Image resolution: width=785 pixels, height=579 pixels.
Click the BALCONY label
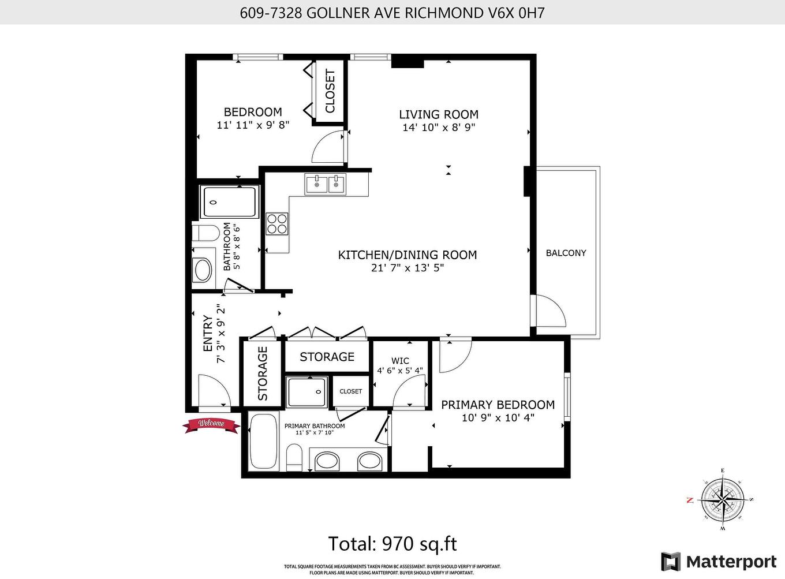[566, 253]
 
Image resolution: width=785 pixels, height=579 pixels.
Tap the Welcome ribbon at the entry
[211, 424]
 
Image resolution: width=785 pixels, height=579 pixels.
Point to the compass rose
[722, 499]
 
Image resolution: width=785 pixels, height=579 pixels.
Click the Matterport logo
[719, 561]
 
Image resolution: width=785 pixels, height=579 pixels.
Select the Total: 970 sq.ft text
[392, 544]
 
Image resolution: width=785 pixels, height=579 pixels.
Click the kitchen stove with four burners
[277, 223]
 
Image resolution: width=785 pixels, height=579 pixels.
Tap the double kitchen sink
[326, 185]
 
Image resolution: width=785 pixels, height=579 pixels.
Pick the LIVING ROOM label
[439, 114]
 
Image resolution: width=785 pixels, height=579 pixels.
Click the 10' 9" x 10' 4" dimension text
[498, 417]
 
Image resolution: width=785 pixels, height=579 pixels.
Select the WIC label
[400, 361]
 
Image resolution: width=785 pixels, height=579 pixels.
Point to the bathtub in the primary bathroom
[263, 442]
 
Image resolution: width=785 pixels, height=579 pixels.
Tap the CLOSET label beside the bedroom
[330, 91]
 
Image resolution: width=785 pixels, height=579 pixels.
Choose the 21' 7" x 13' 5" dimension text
[408, 268]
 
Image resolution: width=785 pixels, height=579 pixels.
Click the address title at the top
[392, 13]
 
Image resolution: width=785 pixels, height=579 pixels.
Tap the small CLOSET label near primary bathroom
[350, 391]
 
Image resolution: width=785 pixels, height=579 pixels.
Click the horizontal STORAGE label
[327, 357]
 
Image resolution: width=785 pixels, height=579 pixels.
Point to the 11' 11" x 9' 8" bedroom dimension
[253, 125]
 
